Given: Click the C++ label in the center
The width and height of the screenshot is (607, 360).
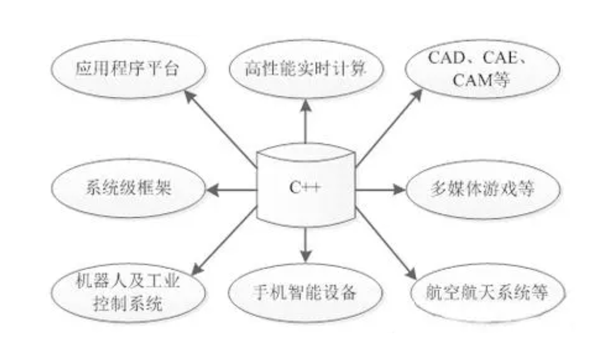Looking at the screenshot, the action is [x=305, y=188].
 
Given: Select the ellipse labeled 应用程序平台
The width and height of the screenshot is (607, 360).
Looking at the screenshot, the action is [x=128, y=69].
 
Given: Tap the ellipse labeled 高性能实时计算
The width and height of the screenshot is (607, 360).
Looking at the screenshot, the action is [x=306, y=69].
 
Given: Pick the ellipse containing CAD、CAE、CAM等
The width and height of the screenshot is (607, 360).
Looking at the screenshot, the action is [x=483, y=69].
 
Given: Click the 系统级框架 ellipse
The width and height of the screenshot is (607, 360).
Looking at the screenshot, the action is [x=128, y=188].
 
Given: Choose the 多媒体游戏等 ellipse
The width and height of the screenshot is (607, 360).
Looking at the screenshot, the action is [x=483, y=189].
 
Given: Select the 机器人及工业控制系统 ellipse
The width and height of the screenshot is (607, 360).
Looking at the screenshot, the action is [x=128, y=293].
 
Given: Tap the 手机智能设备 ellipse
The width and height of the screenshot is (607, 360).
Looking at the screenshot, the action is [x=305, y=293].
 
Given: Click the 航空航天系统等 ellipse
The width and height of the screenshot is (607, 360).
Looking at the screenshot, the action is [x=487, y=293].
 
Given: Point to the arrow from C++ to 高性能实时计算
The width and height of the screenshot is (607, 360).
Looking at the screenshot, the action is [x=306, y=121].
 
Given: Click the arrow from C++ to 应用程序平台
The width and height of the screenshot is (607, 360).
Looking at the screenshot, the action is [x=220, y=129].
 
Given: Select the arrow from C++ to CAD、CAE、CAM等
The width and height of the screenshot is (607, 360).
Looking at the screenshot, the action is [x=389, y=128].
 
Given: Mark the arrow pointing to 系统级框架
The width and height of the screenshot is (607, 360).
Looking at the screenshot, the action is [x=231, y=190].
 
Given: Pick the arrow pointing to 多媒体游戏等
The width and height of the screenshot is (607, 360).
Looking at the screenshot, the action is [x=380, y=189].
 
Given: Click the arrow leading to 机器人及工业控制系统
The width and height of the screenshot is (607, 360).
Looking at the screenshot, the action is [x=224, y=241].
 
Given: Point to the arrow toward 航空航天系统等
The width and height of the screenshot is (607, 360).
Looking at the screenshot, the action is [x=386, y=243].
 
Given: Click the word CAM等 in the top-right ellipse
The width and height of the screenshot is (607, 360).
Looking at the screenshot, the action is [x=481, y=80].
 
